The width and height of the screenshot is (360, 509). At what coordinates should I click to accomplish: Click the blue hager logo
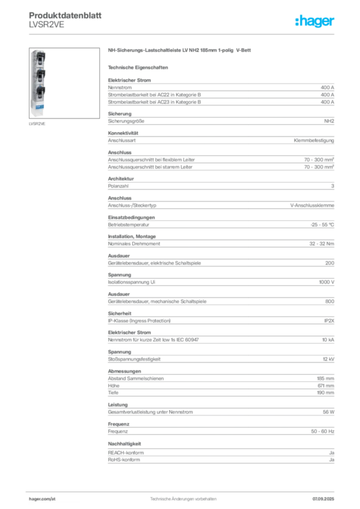pyautogui.click(x=315, y=22)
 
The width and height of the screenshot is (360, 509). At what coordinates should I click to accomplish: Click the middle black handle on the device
pyautogui.click(x=39, y=75)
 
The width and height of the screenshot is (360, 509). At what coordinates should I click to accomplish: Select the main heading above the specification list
pyautogui.click(x=181, y=51)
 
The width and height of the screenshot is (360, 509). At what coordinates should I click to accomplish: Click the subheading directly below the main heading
pyautogui.click(x=139, y=67)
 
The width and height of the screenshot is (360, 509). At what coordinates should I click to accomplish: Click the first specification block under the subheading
pyautogui.click(x=220, y=90)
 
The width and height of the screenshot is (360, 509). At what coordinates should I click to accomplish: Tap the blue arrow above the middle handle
pyautogui.click(x=39, y=69)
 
